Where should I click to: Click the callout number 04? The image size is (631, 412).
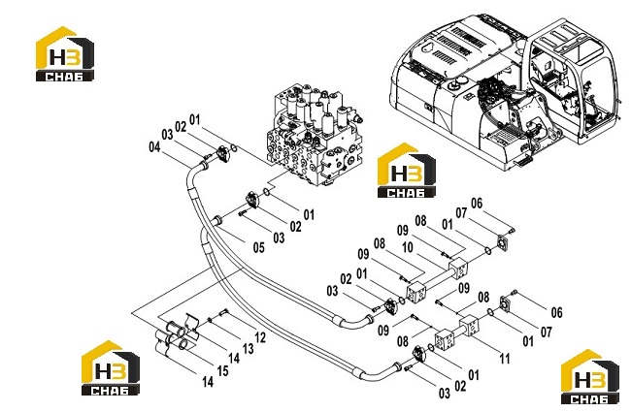click(154, 147)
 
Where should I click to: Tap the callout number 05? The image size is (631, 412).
click(259, 247)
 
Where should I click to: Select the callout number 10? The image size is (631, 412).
click(408, 247)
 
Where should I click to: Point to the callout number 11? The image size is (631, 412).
click(505, 358)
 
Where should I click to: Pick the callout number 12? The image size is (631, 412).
click(260, 337)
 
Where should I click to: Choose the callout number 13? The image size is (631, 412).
click(248, 348)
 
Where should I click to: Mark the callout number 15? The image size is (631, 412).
click(222, 370)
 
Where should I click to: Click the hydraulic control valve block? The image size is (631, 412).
click(315, 135)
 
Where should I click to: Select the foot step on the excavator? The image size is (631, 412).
click(522, 161)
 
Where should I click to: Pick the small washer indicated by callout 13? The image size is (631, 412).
click(210, 320)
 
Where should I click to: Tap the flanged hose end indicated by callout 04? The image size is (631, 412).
click(203, 164)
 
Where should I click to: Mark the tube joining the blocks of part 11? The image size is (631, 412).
click(455, 332)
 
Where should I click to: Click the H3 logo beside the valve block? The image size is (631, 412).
click(407, 170)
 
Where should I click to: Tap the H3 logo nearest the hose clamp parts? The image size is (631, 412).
click(111, 367)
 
